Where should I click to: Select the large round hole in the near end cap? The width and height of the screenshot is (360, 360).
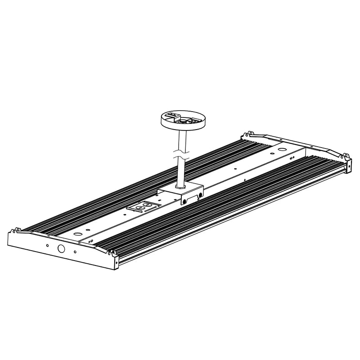click(60, 249)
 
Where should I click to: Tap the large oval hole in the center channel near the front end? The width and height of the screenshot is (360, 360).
click(78, 234)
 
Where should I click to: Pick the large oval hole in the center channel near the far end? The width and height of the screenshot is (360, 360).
click(282, 149)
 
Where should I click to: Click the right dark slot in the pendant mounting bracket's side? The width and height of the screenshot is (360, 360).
click(198, 195)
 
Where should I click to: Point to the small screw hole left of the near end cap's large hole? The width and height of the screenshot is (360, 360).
click(46, 246)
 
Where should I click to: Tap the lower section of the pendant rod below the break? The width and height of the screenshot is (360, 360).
click(180, 171)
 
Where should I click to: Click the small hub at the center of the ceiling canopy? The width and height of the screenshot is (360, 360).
click(184, 121)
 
